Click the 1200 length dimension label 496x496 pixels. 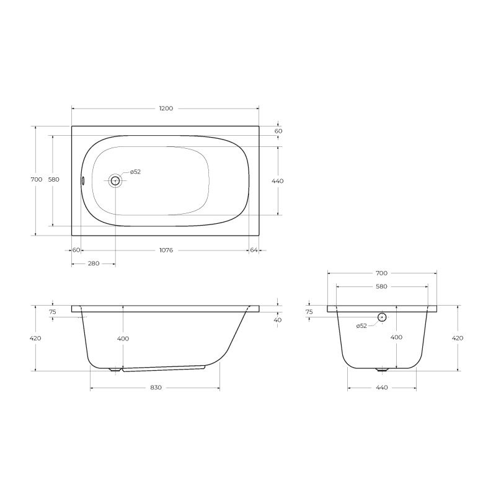(166, 108)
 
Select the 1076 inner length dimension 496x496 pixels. (166, 250)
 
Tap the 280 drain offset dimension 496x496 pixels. (94, 263)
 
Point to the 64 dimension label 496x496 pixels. (254, 250)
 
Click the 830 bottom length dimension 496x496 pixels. (156, 387)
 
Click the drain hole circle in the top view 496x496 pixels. (115, 180)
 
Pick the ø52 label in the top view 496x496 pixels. (135, 172)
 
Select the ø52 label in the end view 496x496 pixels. (361, 326)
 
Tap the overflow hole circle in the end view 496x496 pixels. (382, 317)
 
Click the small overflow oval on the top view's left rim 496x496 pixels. (83, 180)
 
